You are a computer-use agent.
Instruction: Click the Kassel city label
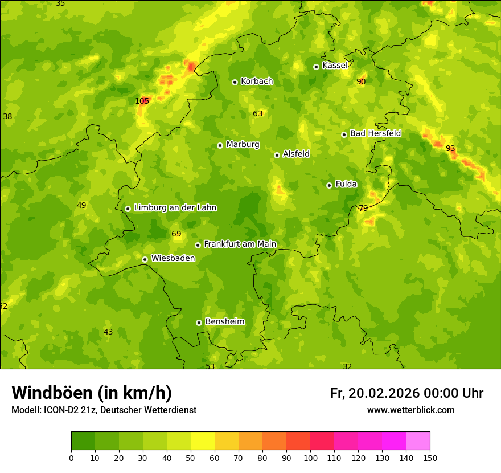335,66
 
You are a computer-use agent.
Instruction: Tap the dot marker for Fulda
329,185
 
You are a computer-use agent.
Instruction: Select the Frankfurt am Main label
240,244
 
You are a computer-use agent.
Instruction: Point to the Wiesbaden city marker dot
145,259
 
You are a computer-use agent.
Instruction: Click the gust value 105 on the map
142,101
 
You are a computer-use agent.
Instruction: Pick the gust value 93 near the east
450,148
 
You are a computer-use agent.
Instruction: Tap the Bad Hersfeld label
375,133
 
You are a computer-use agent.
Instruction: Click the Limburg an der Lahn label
175,207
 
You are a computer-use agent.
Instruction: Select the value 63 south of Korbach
258,113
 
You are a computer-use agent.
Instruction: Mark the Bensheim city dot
199,323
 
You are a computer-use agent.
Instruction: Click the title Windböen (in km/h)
92,393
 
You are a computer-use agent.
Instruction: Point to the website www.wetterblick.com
410,410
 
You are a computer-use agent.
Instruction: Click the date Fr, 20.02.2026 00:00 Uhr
406,393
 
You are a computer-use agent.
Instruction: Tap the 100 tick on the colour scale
310,458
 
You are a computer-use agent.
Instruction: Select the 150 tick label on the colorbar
430,458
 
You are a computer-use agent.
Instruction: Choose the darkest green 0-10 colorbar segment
83,441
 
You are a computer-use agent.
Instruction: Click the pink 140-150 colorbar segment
418,441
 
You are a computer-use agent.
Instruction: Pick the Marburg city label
243,144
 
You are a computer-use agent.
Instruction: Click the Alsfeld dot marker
277,155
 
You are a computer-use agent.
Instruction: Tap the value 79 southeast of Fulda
363,208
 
